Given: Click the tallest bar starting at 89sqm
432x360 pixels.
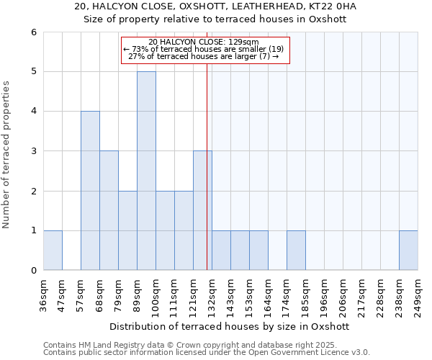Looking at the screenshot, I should tap(146, 171).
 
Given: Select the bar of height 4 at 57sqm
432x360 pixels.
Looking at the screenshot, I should tap(90, 191).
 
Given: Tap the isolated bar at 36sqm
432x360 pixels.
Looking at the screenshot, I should tap(53, 251).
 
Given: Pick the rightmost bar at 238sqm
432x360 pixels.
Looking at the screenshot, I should tap(408, 251).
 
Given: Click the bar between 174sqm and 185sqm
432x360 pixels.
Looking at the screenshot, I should tap(296, 251).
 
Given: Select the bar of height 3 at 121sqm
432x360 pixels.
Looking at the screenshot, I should tap(202, 210).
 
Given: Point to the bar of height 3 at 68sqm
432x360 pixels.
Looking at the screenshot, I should tap(109, 210).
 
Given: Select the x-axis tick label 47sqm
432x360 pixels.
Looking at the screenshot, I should tap(62, 292).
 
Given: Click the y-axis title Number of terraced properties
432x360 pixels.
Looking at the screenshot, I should tap(6, 154).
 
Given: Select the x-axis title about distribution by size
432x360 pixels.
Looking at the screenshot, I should tap(230, 326).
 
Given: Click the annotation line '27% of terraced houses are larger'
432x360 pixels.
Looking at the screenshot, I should tap(204, 56).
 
